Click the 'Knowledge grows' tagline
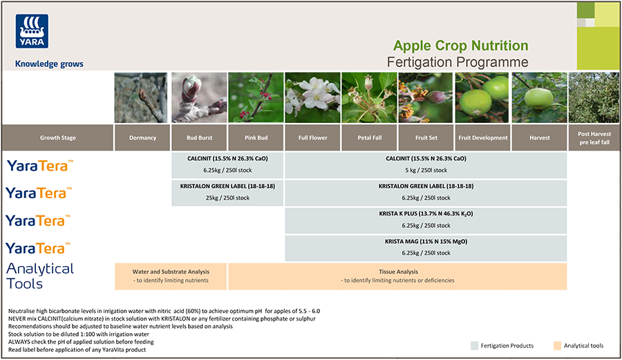pyautogui.click(x=49, y=64)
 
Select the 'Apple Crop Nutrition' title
pyautogui.click(x=460, y=46)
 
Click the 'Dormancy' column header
pyautogui.click(x=142, y=138)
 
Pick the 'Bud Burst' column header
pyautogui.click(x=199, y=138)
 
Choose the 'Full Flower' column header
pyautogui.click(x=312, y=138)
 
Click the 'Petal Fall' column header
pyautogui.click(x=369, y=138)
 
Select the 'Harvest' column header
pyautogui.click(x=539, y=138)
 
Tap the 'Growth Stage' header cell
pyautogui.click(x=57, y=138)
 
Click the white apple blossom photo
pyautogui.click(x=312, y=97)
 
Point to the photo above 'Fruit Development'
pyautogui.click(x=482, y=97)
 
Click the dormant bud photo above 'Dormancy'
pyautogui.click(x=142, y=97)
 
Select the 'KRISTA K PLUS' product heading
pyautogui.click(x=426, y=214)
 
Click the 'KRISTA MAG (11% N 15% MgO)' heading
pyautogui.click(x=426, y=242)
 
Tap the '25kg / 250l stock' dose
pyautogui.click(x=227, y=198)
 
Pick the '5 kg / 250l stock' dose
pyautogui.click(x=426, y=170)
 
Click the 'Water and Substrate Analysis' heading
pyautogui.click(x=171, y=272)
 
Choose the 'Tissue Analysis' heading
pyautogui.click(x=397, y=272)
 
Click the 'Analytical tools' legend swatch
pyautogui.click(x=557, y=345)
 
